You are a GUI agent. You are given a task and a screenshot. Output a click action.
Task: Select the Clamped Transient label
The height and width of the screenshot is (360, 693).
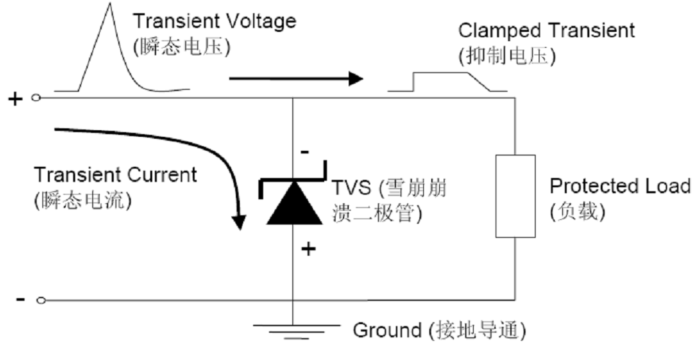pos(547,31)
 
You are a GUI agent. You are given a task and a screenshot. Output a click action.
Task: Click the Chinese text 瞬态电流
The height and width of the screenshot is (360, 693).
pos(83,200)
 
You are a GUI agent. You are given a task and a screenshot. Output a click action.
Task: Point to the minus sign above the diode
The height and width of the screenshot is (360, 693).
pos(304,152)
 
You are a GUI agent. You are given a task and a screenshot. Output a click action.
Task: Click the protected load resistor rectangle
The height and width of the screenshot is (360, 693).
pos(516,196)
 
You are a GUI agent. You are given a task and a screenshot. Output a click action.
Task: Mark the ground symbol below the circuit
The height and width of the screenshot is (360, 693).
pos(293,330)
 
